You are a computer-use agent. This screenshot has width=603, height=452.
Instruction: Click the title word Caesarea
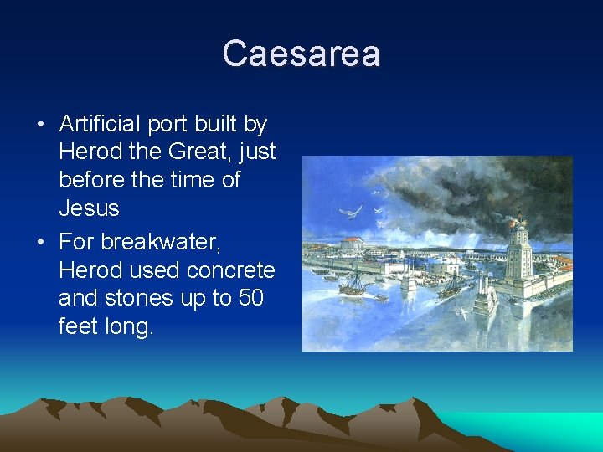[301, 54]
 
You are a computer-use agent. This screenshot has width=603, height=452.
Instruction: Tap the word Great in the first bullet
[180, 152]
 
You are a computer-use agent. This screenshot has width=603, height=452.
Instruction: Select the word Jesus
[89, 207]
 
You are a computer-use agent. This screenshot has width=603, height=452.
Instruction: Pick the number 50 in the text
[249, 298]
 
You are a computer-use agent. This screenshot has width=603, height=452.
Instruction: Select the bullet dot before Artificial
[41, 126]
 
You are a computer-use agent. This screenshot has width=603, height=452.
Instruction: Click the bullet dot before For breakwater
[41, 243]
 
